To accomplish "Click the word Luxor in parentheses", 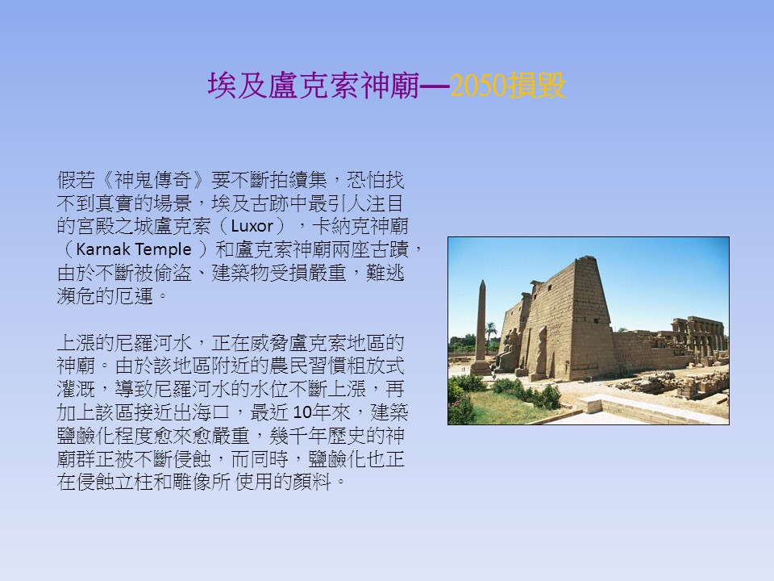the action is point(252,226).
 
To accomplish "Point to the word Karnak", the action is point(102,249).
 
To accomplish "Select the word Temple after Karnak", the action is point(162,250).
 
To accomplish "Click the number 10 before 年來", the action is point(302,412).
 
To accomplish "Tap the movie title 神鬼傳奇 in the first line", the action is point(153,180).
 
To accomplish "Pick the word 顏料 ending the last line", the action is point(311,482).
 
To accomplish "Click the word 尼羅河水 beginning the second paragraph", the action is point(153,343).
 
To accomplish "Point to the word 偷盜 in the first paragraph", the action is point(173,273).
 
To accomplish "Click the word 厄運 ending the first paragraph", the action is point(134,296).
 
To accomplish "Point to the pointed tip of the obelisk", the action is point(482,281).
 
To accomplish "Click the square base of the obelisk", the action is point(481,368).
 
